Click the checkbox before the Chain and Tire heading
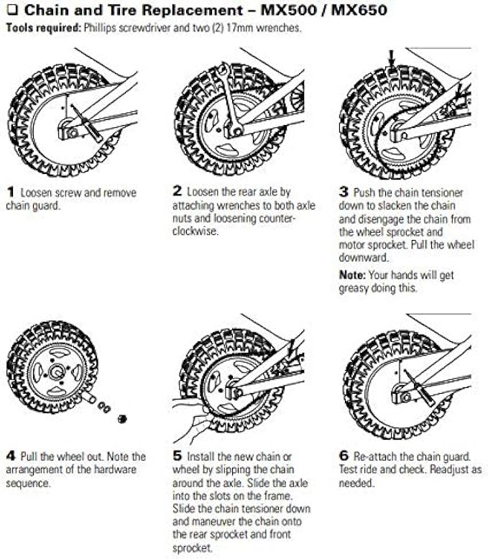click(11, 11)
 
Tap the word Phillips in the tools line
click(98, 28)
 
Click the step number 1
click(11, 193)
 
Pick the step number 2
click(178, 193)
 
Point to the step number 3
click(344, 193)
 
